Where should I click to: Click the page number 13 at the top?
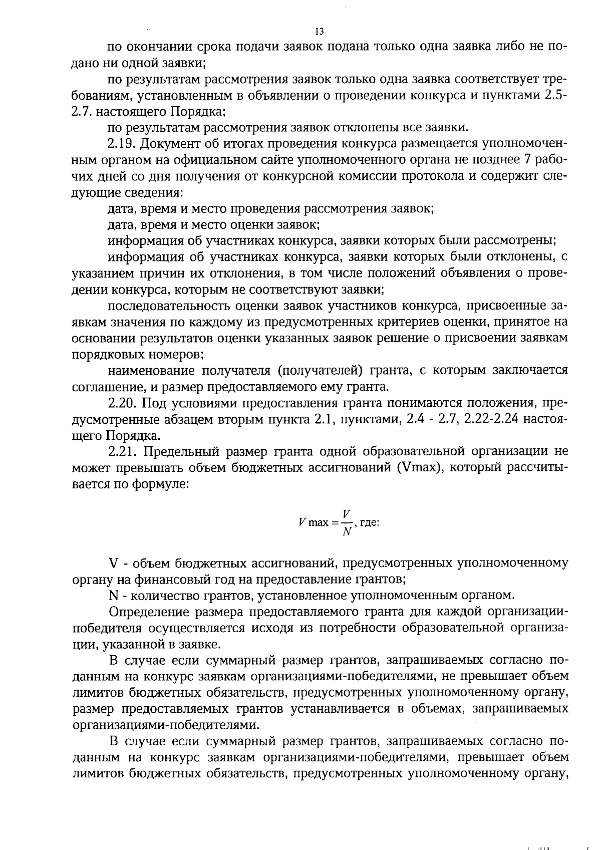coord(320,32)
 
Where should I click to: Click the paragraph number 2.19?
coord(122,144)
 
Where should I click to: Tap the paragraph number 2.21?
coord(122,452)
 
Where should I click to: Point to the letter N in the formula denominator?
coord(346,532)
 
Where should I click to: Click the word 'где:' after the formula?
coord(370,522)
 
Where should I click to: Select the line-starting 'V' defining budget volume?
coord(113,562)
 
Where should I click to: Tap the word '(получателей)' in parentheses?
coord(320,370)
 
